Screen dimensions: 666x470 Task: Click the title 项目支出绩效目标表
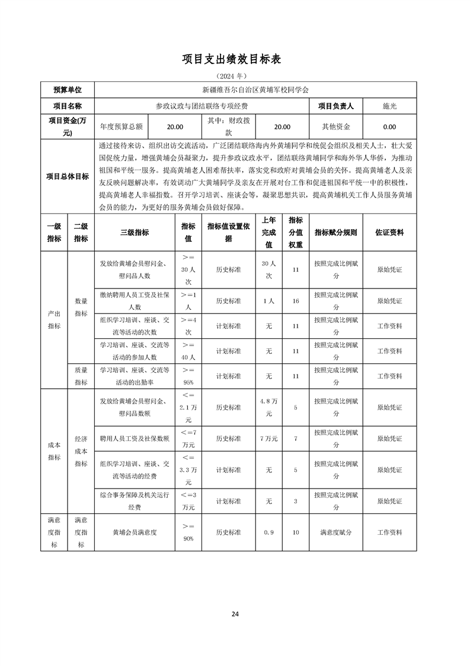click(x=235, y=59)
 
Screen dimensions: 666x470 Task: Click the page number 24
click(x=235, y=614)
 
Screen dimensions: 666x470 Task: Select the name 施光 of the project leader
click(x=389, y=106)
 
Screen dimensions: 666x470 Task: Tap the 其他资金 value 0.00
click(x=389, y=127)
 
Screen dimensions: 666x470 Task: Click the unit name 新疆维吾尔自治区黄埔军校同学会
click(x=255, y=90)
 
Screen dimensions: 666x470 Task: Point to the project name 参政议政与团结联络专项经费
click(x=202, y=106)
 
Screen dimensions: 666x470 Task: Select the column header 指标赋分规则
click(x=335, y=233)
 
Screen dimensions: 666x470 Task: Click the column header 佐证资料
click(x=389, y=233)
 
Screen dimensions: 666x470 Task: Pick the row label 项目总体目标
click(x=68, y=176)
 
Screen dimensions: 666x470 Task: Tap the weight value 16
click(x=295, y=301)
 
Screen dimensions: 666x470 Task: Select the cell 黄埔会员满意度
click(x=135, y=532)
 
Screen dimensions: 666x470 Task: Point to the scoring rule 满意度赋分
click(x=335, y=532)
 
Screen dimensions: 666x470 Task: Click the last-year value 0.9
click(x=268, y=532)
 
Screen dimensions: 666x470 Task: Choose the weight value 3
click(x=295, y=501)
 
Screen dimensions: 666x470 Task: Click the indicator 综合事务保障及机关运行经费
click(x=135, y=501)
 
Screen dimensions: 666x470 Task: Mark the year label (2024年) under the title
click(x=235, y=76)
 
